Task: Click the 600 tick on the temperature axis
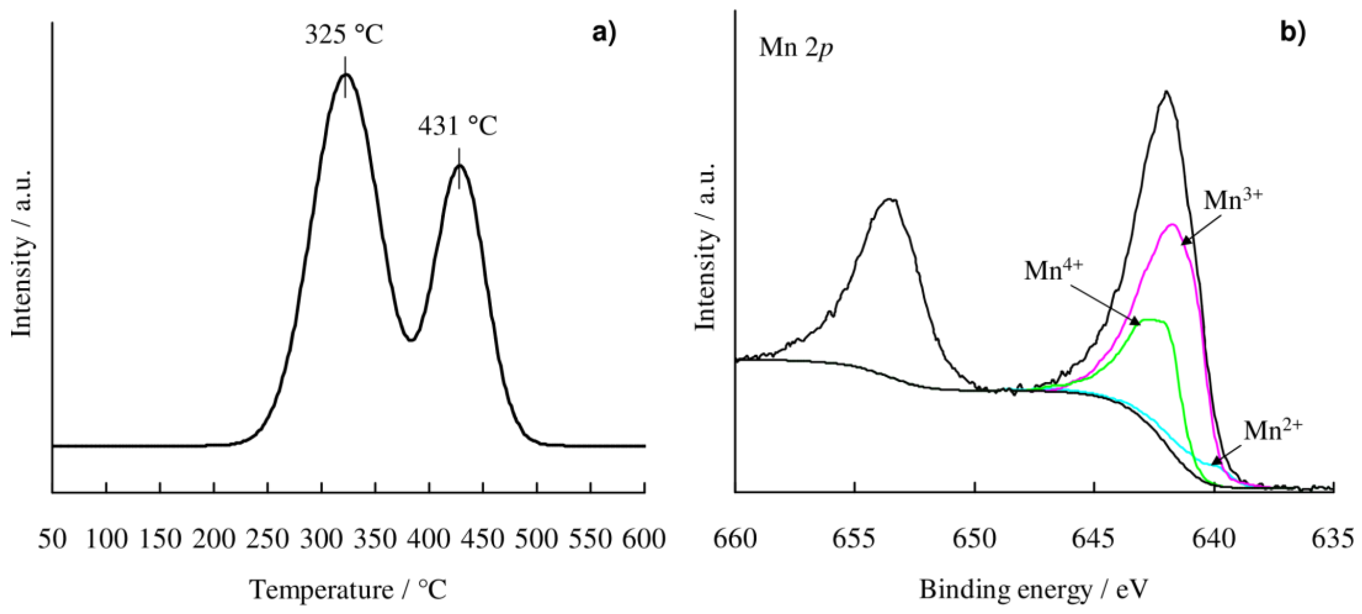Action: pos(643,540)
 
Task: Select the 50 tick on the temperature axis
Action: pos(53,540)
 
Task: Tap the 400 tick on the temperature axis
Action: pos(429,540)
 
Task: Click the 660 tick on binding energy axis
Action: pos(735,540)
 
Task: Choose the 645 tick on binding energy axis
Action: pos(1094,540)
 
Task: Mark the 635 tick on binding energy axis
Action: pos(1333,540)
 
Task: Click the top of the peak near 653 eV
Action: pos(891,200)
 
